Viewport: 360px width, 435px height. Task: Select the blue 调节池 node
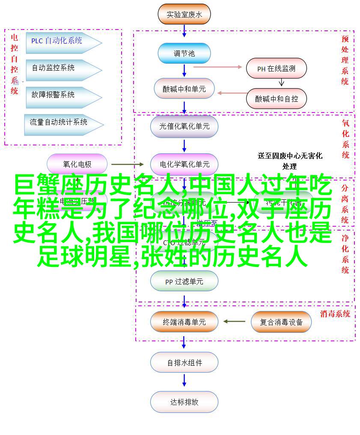(184, 53)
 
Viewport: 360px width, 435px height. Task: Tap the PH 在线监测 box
(276, 68)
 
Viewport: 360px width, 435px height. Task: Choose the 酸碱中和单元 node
(184, 89)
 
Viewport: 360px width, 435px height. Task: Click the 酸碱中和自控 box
(277, 98)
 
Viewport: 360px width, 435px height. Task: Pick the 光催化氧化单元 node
(184, 126)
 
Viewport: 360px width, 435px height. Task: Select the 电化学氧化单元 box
(184, 164)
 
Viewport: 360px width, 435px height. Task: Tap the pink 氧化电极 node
(77, 164)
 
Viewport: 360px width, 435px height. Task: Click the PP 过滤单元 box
(184, 281)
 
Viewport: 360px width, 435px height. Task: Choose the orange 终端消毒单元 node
(184, 322)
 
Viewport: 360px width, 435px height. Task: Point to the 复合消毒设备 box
(281, 322)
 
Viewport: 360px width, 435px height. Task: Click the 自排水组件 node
(184, 363)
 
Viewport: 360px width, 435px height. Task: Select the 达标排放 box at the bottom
(184, 402)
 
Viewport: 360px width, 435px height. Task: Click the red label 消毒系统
(334, 314)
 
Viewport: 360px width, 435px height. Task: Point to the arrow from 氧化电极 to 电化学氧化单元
(128, 164)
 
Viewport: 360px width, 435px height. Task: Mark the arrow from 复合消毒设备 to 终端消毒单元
(234, 322)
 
